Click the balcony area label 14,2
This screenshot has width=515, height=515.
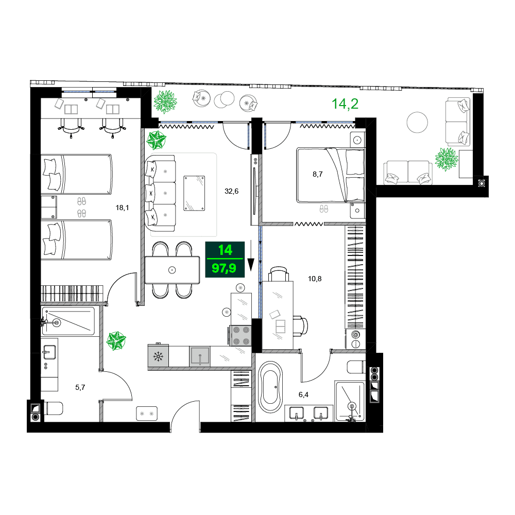[345, 104]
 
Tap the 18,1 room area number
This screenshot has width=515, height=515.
[122, 208]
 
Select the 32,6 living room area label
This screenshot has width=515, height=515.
[231, 191]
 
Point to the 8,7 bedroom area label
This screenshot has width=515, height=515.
[318, 175]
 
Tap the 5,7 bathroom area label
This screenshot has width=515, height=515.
[80, 387]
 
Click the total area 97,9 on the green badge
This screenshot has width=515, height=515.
[224, 268]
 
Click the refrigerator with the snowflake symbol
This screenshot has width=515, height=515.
[158, 356]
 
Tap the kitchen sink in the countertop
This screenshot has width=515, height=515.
[200, 356]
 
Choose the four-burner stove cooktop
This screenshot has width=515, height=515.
[240, 335]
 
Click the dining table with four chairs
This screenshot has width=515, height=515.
[172, 269]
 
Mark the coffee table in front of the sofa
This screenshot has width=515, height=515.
[194, 192]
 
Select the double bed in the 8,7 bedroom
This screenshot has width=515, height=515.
[330, 175]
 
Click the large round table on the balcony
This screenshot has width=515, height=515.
[417, 123]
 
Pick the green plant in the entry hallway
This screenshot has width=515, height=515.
[116, 341]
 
